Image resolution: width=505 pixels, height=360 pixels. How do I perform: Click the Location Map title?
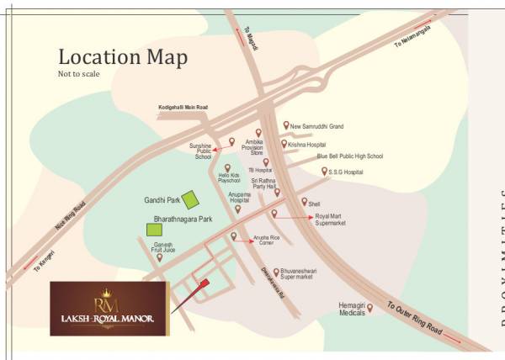[122, 57]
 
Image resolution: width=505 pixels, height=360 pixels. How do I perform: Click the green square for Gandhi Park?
[191, 199]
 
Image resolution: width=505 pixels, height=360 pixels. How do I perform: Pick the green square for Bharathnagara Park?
[154, 229]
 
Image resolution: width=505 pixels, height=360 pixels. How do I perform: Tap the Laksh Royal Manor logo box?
[109, 309]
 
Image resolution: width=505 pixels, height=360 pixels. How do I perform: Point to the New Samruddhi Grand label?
[317, 126]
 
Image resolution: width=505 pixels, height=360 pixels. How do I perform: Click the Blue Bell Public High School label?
[349, 156]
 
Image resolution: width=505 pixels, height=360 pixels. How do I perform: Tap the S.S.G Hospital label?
[345, 172]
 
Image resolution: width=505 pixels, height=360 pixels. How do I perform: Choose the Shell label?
[314, 204]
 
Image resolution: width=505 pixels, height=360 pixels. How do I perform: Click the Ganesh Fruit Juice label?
[162, 247]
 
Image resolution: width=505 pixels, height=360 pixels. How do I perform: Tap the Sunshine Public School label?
[204, 151]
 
